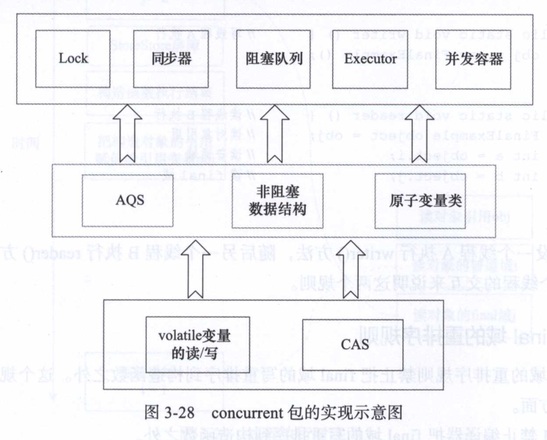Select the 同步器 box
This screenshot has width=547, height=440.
165,58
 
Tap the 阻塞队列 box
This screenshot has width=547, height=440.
263,58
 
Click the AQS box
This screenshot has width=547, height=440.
133,199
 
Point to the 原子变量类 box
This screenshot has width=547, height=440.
416,199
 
